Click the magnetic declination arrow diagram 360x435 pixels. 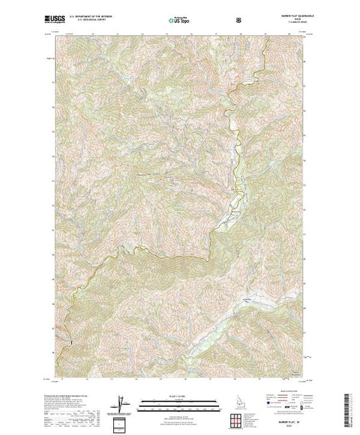[x=122, y=401]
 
